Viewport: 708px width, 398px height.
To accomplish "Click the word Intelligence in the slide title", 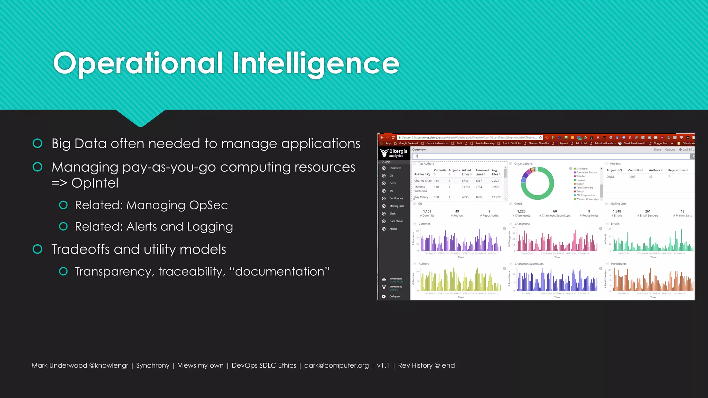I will [316, 63].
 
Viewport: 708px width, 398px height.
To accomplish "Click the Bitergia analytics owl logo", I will [384, 153].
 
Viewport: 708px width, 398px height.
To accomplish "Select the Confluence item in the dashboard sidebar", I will [396, 198].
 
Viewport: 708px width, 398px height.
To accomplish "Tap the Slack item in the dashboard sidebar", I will [392, 214].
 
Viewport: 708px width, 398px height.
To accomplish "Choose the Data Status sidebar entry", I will [396, 221].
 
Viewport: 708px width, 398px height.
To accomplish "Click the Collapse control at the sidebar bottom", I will [394, 296].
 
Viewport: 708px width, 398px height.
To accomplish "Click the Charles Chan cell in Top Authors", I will [423, 181].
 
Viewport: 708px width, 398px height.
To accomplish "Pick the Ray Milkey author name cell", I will [421, 197].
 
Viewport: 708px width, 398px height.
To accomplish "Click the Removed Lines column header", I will [482, 172].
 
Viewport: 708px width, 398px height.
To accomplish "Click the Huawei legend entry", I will [580, 180].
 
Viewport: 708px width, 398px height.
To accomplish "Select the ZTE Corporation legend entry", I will [585, 195].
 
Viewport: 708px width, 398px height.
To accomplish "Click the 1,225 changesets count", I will [521, 211].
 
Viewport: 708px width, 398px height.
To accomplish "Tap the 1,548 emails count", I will [617, 211].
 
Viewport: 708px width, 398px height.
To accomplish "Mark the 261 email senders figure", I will [648, 211].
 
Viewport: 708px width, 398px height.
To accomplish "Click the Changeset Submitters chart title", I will [529, 264].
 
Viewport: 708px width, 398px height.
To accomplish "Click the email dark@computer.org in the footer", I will [336, 366].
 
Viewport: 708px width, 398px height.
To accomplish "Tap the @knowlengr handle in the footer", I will [109, 366].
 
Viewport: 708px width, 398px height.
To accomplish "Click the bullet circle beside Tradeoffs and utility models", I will [37, 249].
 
